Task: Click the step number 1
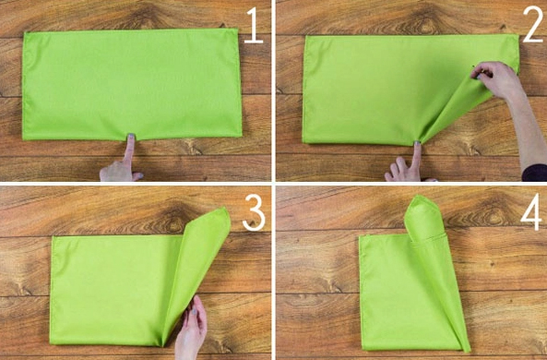(254, 26)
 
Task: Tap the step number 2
(532, 25)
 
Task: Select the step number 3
(254, 213)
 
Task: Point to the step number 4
(531, 212)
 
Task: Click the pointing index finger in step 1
(130, 150)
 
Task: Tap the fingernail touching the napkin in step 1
(131, 136)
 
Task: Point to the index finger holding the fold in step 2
(417, 155)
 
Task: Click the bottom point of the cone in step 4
(468, 350)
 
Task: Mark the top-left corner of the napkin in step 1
(25, 33)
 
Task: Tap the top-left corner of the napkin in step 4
(361, 237)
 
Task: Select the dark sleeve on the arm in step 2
(534, 173)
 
